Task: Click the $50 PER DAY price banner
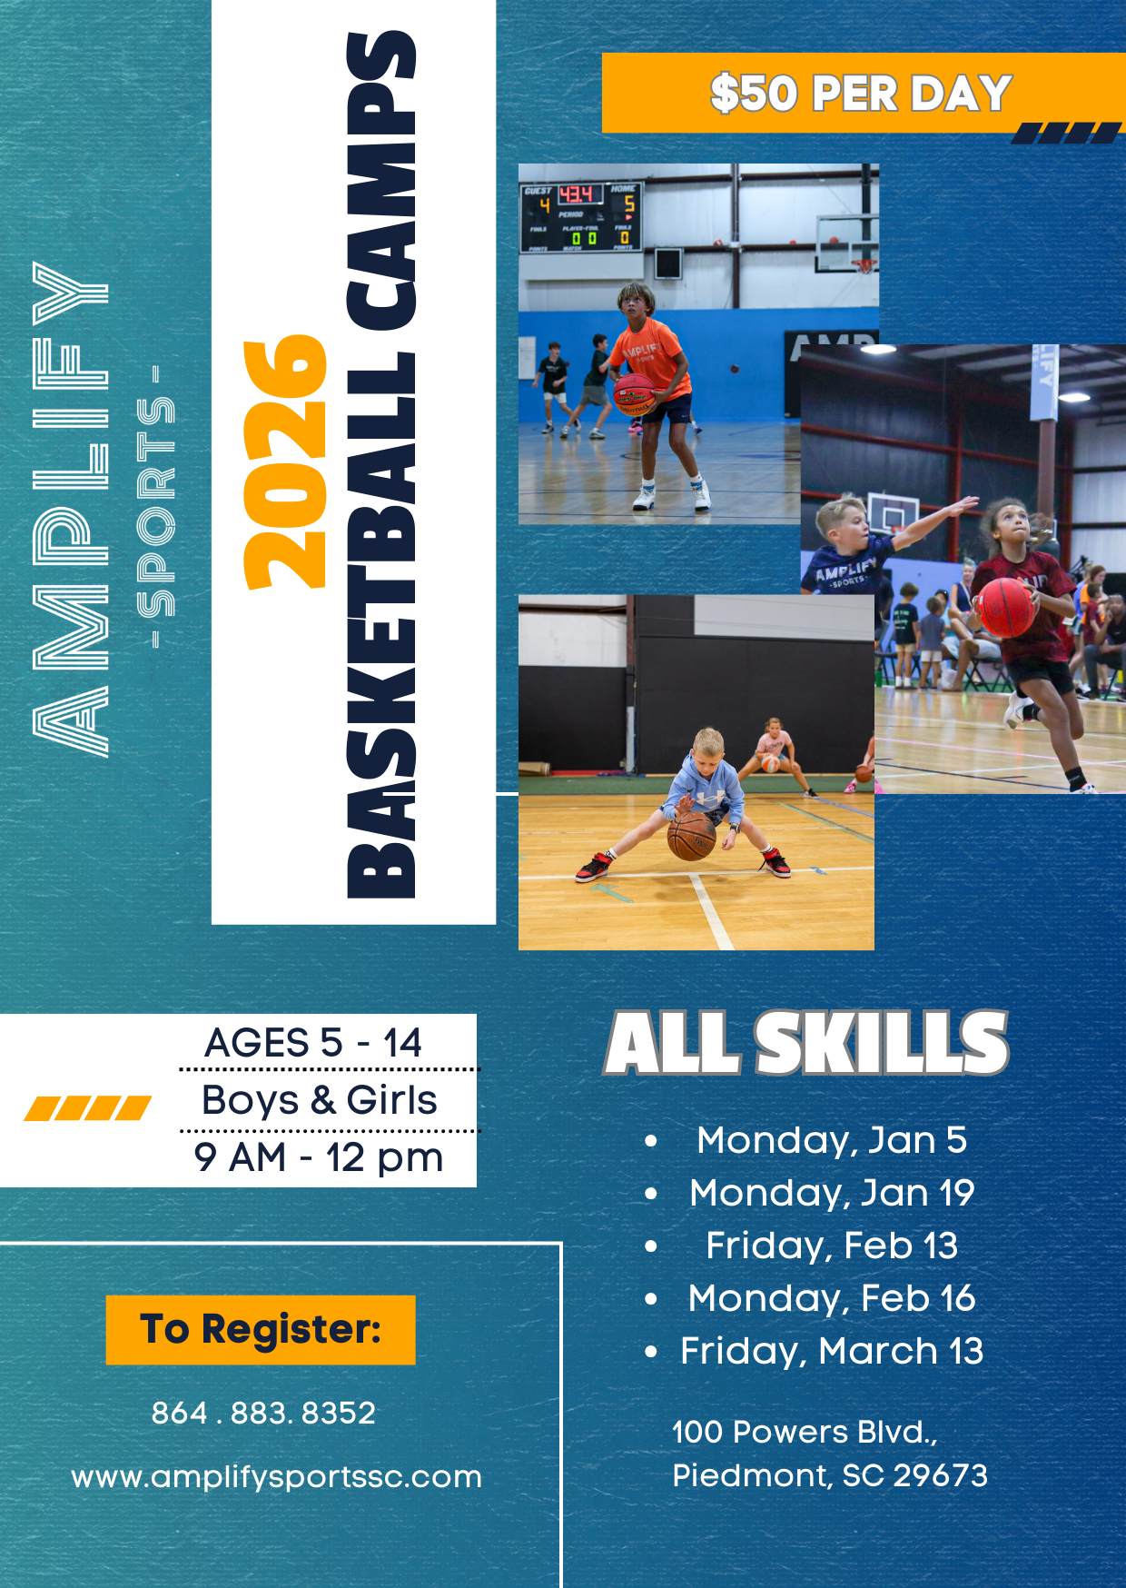tap(864, 93)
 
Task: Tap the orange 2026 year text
tap(284, 462)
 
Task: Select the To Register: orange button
tap(261, 1330)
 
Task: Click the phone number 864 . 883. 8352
tap(263, 1413)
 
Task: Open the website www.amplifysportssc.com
tap(277, 1477)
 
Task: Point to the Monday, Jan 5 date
tap(832, 1140)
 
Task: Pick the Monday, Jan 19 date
tap(832, 1193)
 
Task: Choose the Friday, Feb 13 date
tap(832, 1246)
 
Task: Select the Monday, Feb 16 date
tap(832, 1298)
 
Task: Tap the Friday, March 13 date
tap(832, 1351)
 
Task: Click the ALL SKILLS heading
tap(806, 1043)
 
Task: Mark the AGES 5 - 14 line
tap(313, 1042)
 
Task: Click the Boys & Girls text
tap(320, 1100)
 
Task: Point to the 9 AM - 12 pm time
tap(319, 1157)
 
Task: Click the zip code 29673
tap(941, 1475)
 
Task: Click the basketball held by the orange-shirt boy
tap(634, 395)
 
